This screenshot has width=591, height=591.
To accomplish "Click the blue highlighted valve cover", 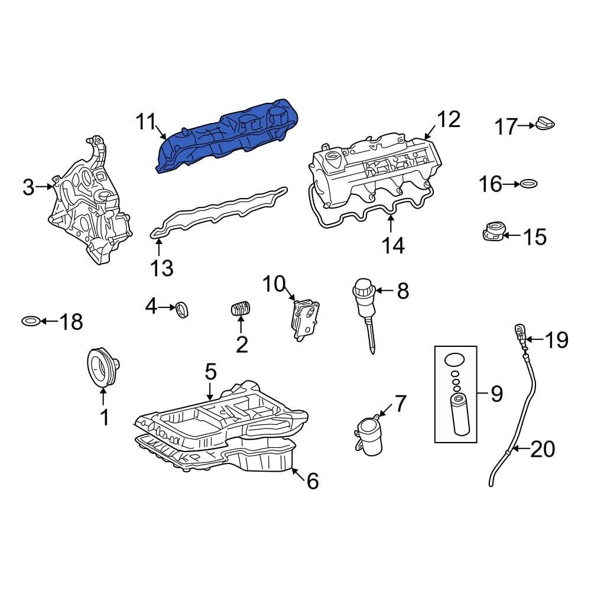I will [x=228, y=136].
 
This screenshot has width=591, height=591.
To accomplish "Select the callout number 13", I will [x=161, y=268].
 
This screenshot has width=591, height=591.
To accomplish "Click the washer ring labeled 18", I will [x=31, y=322].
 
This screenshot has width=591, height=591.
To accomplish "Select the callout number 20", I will [x=543, y=450].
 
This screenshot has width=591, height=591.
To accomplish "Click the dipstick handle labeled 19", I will [x=520, y=333].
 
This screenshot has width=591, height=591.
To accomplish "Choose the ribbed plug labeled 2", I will [x=241, y=309].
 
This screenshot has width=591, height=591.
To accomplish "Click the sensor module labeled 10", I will [x=306, y=318].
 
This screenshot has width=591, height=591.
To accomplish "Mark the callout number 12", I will [x=448, y=119].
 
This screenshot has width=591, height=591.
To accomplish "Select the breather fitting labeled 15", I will [x=495, y=232].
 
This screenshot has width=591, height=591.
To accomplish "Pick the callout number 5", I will [x=211, y=372].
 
